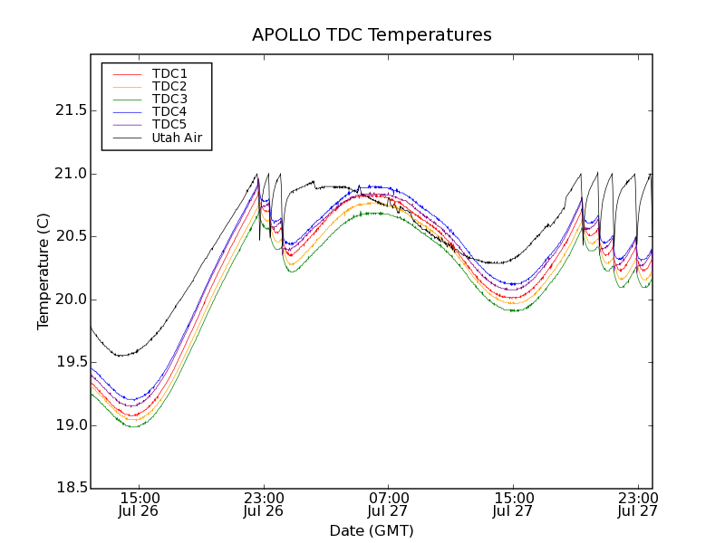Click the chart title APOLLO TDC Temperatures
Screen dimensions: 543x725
point(372,35)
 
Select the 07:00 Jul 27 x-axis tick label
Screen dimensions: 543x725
point(388,504)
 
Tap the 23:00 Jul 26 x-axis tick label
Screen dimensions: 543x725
point(264,504)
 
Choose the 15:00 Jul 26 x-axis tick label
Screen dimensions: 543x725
point(139,504)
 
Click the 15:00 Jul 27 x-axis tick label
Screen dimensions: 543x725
point(513,504)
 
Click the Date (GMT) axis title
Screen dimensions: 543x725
point(372,530)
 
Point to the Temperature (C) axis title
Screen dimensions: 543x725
point(43,271)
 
